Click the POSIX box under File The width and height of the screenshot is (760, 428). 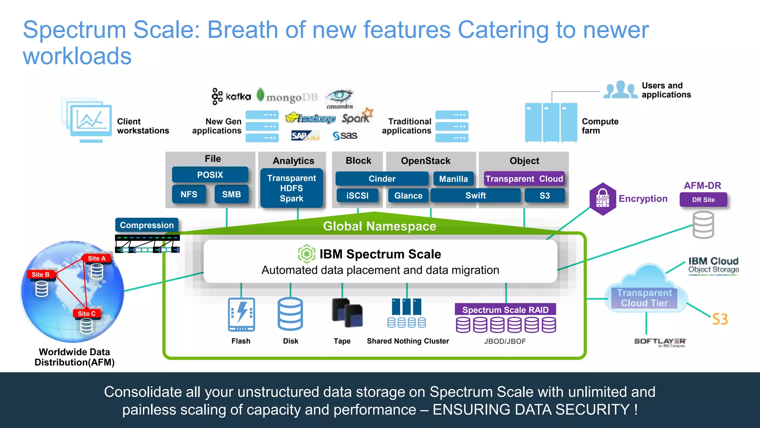pyautogui.click(x=210, y=175)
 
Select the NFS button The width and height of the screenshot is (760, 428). pyautogui.click(x=189, y=194)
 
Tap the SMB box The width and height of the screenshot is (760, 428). pyautogui.click(x=232, y=194)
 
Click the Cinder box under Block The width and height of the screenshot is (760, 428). pyautogui.click(x=382, y=179)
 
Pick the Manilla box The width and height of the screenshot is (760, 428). pyautogui.click(x=453, y=179)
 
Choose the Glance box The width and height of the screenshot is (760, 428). pyautogui.click(x=408, y=195)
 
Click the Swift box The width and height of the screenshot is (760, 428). pyautogui.click(x=475, y=195)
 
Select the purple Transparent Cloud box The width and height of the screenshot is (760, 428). pyautogui.click(x=524, y=179)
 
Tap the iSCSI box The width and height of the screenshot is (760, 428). pyautogui.click(x=357, y=195)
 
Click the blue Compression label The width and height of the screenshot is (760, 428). pyautogui.click(x=147, y=225)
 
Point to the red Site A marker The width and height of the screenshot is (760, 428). pyautogui.click(x=96, y=258)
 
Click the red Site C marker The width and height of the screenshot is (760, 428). pyautogui.click(x=86, y=314)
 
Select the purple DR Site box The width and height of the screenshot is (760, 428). pyautogui.click(x=703, y=200)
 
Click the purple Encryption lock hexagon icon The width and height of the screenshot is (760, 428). pyautogui.click(x=603, y=199)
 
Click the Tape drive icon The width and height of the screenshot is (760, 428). pyautogui.click(x=347, y=313)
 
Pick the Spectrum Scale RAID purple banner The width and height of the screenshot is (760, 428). pyautogui.click(x=505, y=309)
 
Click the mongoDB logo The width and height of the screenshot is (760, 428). pyautogui.click(x=288, y=97)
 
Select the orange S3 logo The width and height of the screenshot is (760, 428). pyautogui.click(x=720, y=319)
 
